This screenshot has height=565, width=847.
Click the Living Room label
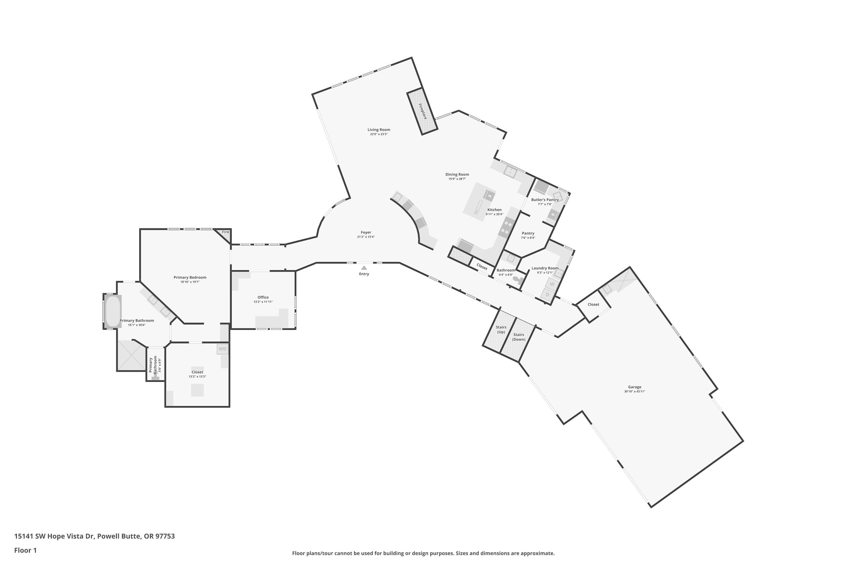(x=379, y=130)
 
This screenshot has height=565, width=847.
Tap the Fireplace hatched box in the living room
(x=422, y=111)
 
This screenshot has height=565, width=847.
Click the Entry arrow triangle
(x=364, y=268)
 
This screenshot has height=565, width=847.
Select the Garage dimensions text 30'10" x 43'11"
(x=634, y=391)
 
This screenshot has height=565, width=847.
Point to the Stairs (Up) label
(x=501, y=329)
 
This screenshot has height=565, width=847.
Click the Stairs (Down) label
(x=519, y=337)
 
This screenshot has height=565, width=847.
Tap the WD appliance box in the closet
(x=222, y=349)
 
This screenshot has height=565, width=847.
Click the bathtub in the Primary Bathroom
(x=113, y=311)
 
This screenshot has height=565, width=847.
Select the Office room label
(x=263, y=297)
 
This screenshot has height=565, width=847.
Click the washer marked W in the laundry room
(x=552, y=284)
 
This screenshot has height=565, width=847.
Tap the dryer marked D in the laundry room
(x=547, y=294)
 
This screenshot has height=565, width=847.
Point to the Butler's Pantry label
(x=545, y=200)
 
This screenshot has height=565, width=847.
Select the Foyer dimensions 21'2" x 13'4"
(x=366, y=237)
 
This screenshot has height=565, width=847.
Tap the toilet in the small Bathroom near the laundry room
(x=518, y=280)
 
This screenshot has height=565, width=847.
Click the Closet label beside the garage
(x=593, y=305)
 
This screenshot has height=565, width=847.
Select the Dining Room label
(x=457, y=174)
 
